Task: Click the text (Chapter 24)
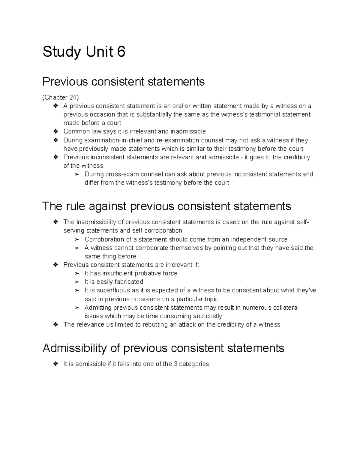tap(61, 97)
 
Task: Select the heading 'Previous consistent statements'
tap(123, 81)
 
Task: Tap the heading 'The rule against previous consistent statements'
tap(166, 206)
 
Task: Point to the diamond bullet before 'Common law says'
tap(55, 131)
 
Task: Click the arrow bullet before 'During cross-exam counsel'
tap(77, 174)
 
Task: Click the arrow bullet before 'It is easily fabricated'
tap(77, 282)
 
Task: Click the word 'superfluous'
tap(112, 290)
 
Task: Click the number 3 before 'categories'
tap(175, 364)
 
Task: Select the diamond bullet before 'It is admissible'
tap(55, 364)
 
